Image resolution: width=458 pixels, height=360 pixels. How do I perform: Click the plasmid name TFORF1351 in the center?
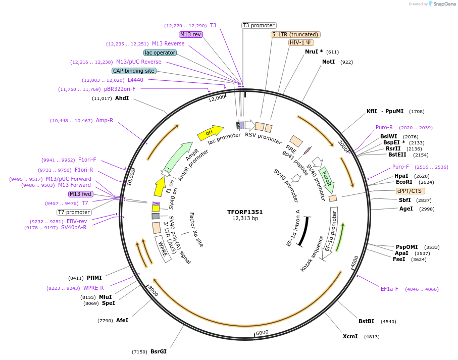point(245,212)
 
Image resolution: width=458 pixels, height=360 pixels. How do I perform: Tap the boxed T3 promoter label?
point(259,25)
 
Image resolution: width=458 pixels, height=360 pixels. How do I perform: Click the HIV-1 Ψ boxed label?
point(300,42)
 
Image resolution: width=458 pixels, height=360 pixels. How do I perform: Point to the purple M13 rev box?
point(191,34)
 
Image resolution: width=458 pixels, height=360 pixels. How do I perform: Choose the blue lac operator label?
point(160,53)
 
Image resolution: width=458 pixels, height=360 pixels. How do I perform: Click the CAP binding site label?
point(134,71)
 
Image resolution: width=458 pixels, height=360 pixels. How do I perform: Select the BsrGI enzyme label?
point(158,351)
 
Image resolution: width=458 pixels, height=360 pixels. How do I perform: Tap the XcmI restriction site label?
point(350,336)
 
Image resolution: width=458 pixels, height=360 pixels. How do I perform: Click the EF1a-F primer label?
point(389,289)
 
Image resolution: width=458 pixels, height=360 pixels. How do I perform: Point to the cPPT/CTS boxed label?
point(410,191)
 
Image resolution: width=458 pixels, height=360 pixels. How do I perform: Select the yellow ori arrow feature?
point(210,133)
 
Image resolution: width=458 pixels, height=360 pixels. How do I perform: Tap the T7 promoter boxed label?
point(74,212)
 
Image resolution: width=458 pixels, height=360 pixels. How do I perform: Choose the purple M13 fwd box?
point(81,194)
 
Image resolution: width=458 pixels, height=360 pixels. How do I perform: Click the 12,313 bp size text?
point(245,219)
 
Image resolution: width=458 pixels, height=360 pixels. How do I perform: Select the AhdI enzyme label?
point(122,98)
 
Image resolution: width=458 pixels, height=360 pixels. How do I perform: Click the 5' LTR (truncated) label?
point(295,34)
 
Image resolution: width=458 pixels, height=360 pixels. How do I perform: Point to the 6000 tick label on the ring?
point(262,332)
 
